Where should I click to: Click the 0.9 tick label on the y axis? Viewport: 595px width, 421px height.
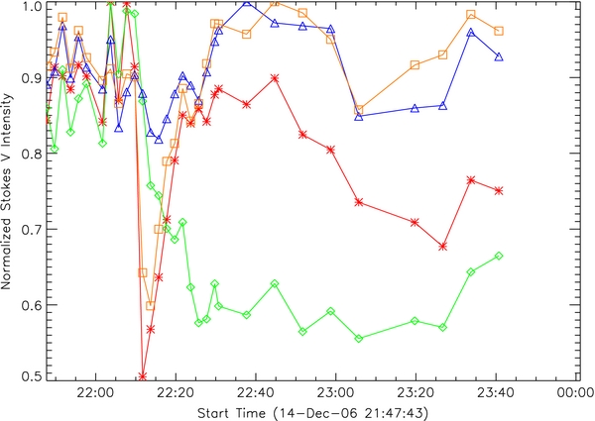tap(36, 77)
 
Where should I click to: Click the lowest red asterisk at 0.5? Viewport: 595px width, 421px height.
tap(143, 375)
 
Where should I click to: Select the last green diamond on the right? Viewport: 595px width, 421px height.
tap(499, 256)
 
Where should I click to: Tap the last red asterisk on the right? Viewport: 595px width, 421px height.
tap(499, 190)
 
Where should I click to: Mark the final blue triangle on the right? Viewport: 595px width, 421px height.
tap(499, 57)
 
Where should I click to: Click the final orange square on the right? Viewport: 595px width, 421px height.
tap(499, 31)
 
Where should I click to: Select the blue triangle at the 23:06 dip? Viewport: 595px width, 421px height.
tap(359, 117)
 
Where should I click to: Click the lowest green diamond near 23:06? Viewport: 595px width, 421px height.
tap(359, 339)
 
